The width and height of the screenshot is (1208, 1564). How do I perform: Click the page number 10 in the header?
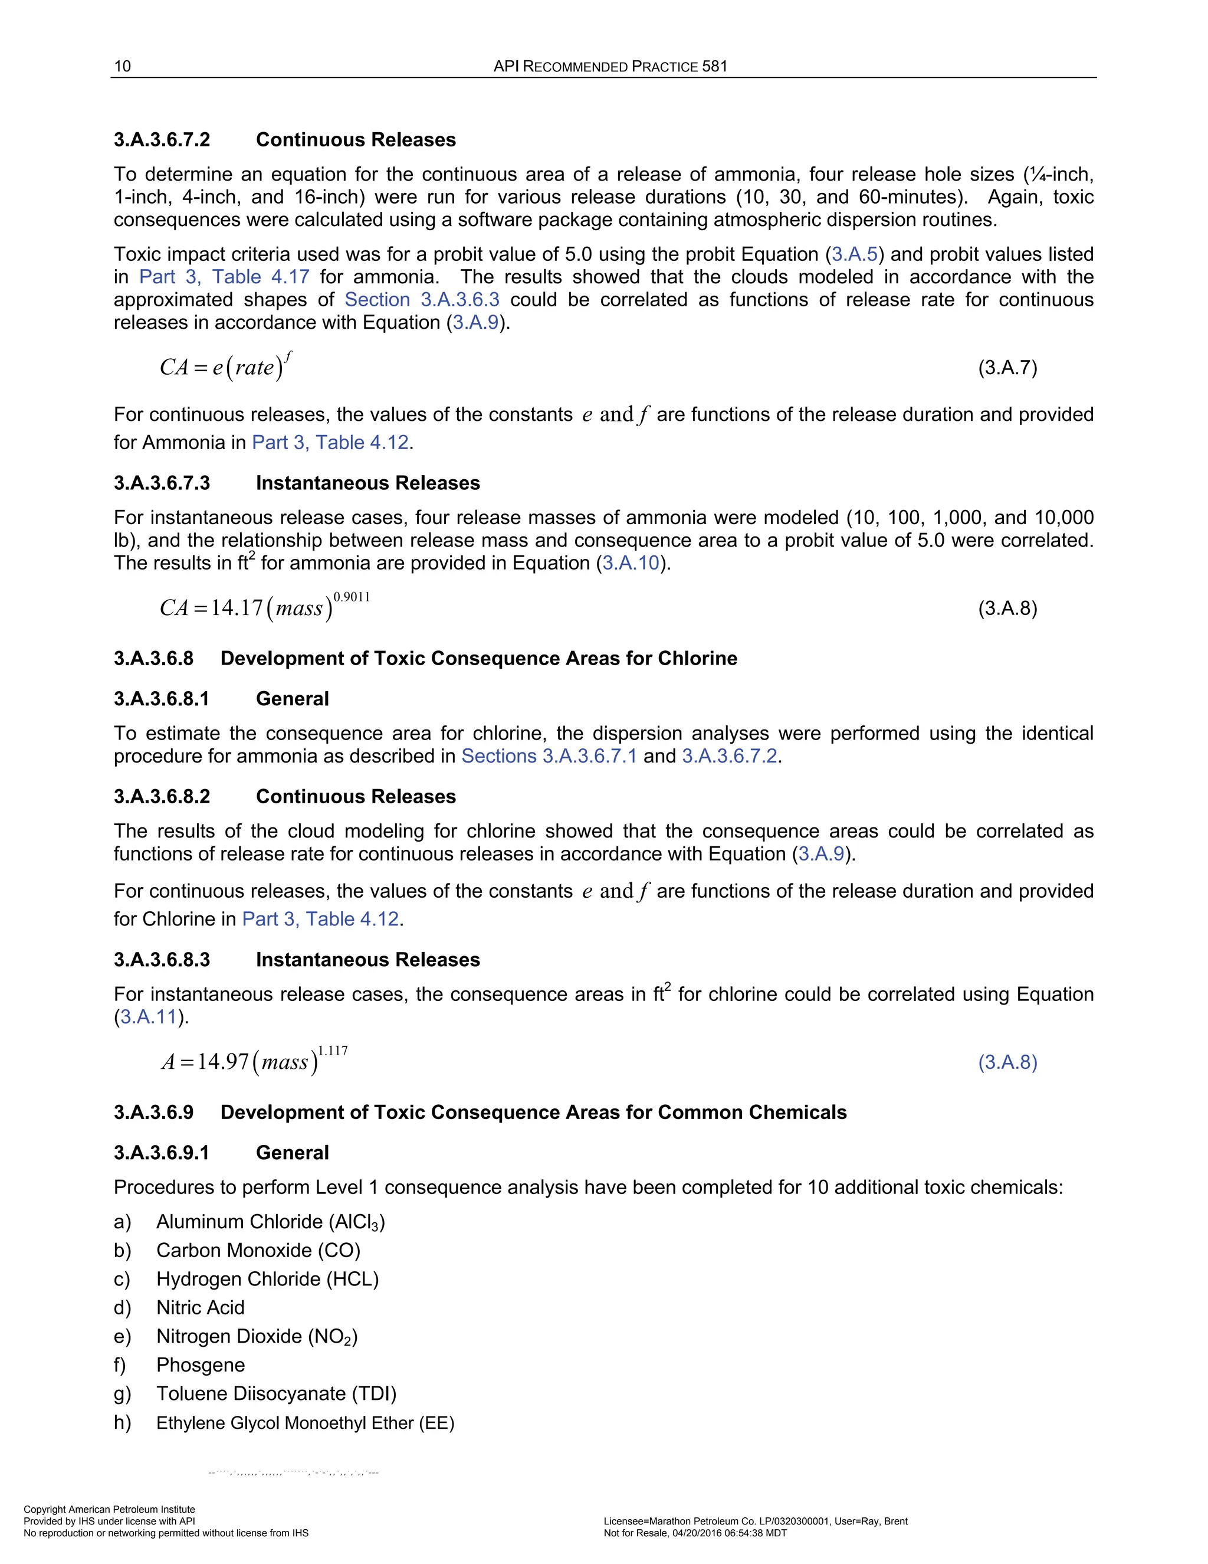(122, 67)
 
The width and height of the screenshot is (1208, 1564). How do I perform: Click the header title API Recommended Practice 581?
(610, 67)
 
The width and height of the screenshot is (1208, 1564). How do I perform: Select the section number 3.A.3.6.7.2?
(162, 140)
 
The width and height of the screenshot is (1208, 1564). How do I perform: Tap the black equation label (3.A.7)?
(1007, 368)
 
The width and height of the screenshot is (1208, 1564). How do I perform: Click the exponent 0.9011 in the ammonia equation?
(352, 597)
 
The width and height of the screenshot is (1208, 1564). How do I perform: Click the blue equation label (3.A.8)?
(1007, 1062)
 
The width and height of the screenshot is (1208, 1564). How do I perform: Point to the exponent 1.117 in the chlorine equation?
(333, 1051)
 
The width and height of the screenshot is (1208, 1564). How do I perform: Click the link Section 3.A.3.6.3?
(422, 299)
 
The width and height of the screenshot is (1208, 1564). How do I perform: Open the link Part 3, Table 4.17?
(224, 277)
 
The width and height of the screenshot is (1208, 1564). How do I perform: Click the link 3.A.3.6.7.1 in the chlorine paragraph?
(590, 756)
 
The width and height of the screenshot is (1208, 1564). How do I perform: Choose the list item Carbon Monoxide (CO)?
(258, 1251)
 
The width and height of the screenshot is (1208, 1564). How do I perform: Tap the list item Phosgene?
(201, 1365)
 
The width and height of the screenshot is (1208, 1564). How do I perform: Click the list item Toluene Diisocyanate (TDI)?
(276, 1393)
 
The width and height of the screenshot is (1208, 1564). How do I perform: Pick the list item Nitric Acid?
(201, 1308)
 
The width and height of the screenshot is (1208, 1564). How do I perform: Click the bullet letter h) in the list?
(122, 1423)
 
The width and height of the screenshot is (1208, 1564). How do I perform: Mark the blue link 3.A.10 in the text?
(630, 563)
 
